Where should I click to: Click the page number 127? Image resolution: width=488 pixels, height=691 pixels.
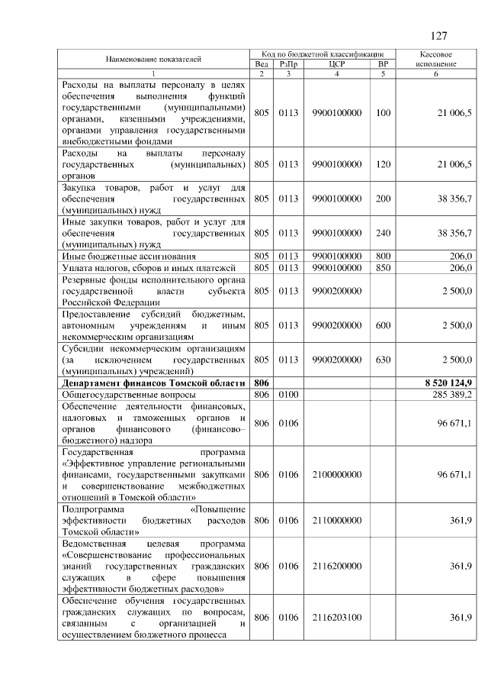click(x=438, y=36)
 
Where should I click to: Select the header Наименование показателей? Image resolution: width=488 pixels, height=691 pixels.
click(x=153, y=59)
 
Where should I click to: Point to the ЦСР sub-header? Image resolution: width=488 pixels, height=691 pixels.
click(x=336, y=64)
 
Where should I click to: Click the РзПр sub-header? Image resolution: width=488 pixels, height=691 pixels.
click(x=287, y=64)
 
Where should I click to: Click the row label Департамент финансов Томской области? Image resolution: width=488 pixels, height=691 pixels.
click(x=153, y=382)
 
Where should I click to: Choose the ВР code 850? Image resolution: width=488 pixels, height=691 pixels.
click(x=383, y=267)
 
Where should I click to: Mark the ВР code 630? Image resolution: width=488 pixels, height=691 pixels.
click(x=383, y=359)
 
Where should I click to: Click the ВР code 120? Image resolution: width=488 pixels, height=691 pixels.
click(x=383, y=163)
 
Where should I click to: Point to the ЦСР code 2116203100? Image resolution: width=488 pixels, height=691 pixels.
click(x=336, y=617)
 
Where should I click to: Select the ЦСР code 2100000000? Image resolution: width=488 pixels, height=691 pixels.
click(x=336, y=474)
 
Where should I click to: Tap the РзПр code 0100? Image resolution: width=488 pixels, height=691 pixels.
click(x=287, y=395)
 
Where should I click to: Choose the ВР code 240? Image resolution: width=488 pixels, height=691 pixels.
click(x=383, y=232)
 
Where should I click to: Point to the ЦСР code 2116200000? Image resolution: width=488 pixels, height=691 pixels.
click(x=336, y=566)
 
